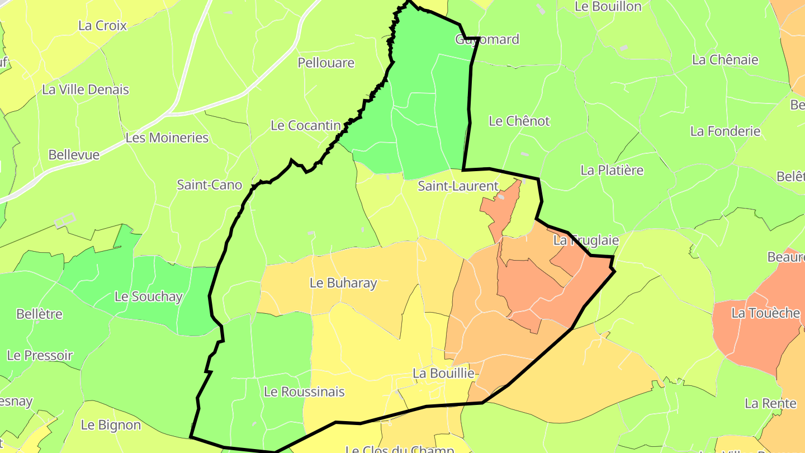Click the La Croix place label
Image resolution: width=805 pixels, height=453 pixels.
click(x=102, y=26)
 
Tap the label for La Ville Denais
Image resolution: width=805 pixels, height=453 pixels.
click(x=86, y=89)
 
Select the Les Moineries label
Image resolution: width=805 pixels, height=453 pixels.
click(x=167, y=138)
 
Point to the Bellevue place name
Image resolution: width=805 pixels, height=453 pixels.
click(x=74, y=155)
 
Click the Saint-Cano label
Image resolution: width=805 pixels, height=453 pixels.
click(x=209, y=185)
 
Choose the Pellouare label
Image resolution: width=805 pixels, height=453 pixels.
click(x=326, y=63)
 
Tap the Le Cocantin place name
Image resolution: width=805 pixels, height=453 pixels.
click(x=305, y=125)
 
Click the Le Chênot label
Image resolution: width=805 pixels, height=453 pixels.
click(x=519, y=121)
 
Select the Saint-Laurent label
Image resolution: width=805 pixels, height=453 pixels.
click(x=458, y=186)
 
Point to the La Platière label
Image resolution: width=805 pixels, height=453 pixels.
click(x=612, y=170)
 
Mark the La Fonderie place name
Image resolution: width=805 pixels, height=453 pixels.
click(x=725, y=131)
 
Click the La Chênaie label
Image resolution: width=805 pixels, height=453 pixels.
click(x=725, y=60)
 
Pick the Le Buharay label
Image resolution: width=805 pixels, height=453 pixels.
click(x=343, y=283)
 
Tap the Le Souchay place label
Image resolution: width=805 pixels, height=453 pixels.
click(x=148, y=296)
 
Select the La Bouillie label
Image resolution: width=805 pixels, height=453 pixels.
click(x=443, y=373)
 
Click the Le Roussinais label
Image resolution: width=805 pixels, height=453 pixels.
click(x=304, y=391)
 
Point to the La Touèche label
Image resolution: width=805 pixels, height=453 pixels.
click(x=765, y=313)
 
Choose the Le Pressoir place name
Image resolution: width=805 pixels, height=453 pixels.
click(x=40, y=355)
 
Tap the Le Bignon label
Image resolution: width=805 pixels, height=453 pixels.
click(x=111, y=425)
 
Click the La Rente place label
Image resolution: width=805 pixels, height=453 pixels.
click(x=770, y=403)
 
